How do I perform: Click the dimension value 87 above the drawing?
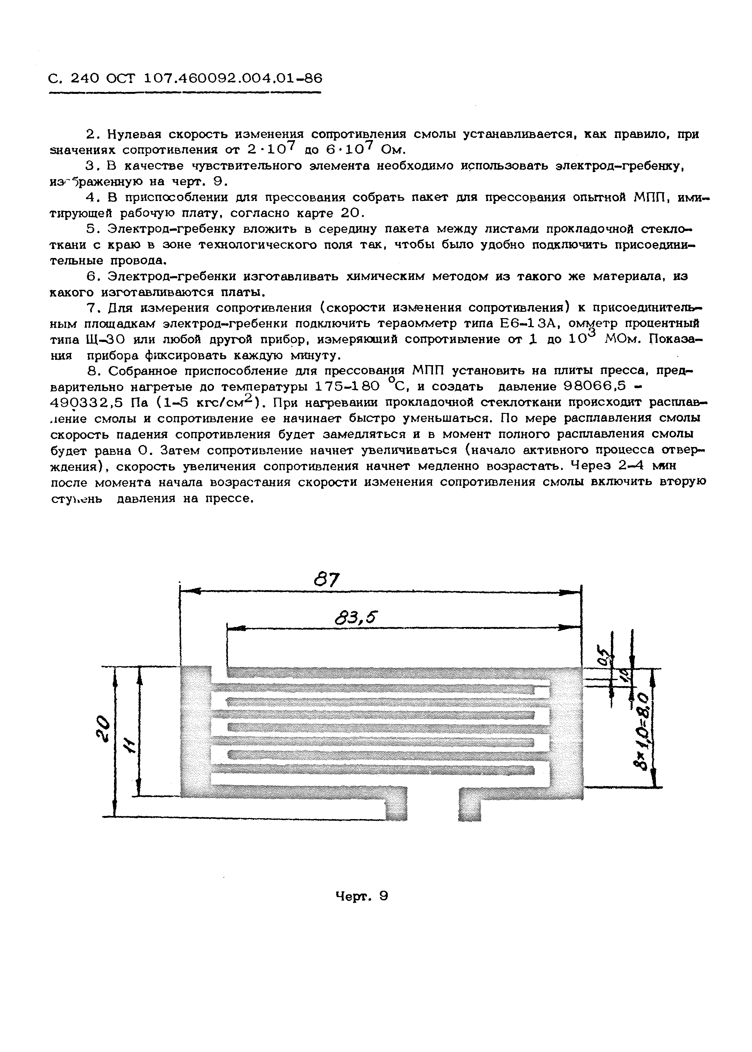click(x=327, y=579)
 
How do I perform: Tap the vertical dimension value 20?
click(x=104, y=728)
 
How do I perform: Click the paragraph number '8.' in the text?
click(x=94, y=371)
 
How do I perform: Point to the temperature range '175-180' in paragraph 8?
click(x=347, y=386)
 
